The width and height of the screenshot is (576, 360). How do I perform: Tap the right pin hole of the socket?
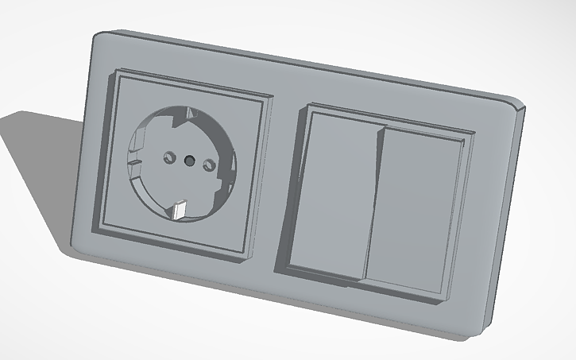coord(211,165)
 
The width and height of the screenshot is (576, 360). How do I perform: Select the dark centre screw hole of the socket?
coord(189,159)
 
